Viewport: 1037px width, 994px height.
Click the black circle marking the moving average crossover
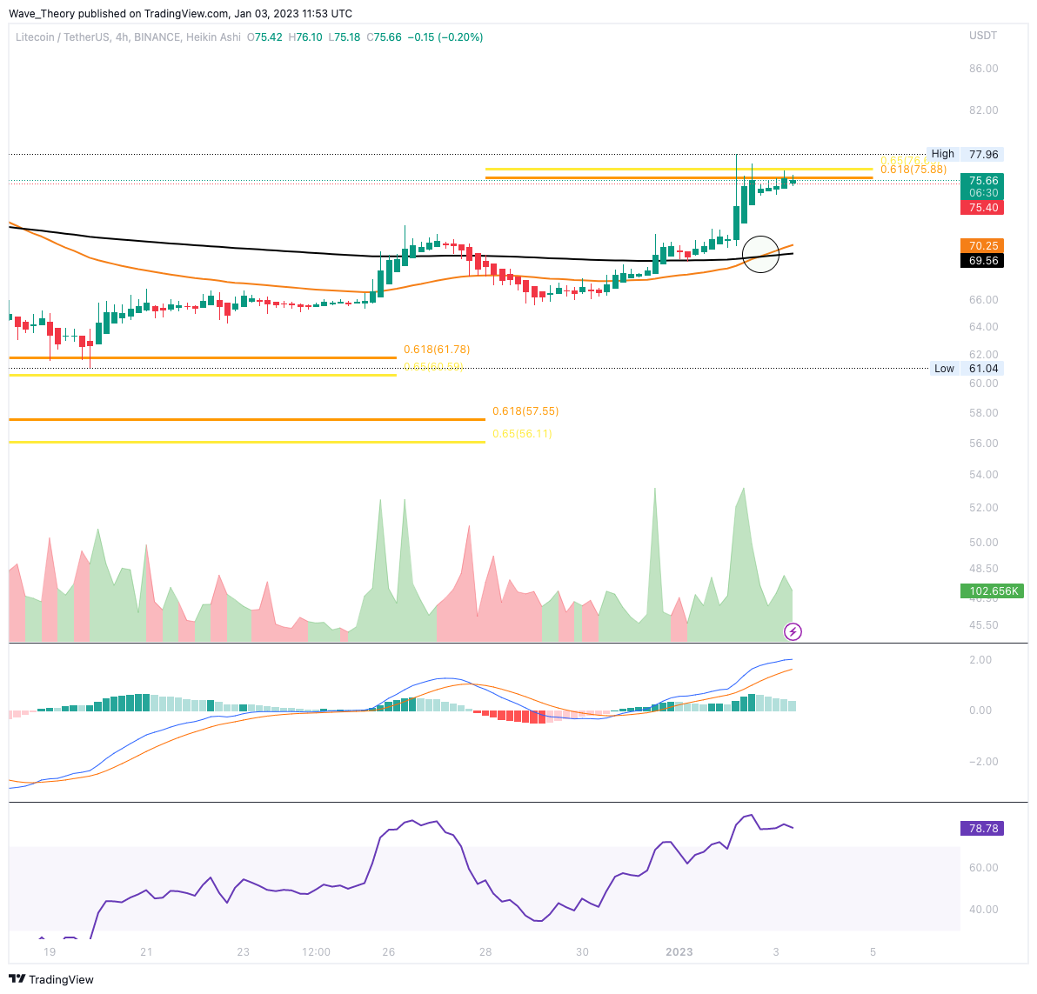click(x=761, y=254)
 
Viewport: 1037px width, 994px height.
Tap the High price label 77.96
click(x=983, y=154)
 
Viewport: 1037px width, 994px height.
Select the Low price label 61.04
click(x=983, y=369)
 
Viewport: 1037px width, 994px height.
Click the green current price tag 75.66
click(x=982, y=181)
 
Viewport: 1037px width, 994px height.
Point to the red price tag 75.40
click(x=982, y=208)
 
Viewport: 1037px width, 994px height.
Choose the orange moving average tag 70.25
click(x=982, y=246)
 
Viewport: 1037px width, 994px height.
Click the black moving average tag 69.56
click(x=982, y=261)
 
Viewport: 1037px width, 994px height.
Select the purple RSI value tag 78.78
click(x=982, y=829)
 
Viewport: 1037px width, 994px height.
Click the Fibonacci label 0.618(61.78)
click(x=437, y=350)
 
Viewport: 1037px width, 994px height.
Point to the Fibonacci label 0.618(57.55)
click(x=525, y=411)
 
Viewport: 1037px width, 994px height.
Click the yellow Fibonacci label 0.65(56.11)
click(x=522, y=434)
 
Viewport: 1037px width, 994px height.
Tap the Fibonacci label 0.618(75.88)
click(x=913, y=170)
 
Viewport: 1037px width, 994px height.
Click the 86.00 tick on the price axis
click(x=984, y=69)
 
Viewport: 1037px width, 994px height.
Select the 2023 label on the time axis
click(x=679, y=951)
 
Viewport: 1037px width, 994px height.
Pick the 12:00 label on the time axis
click(x=316, y=951)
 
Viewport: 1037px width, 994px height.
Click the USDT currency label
click(x=983, y=36)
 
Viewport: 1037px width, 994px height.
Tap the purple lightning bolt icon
click(x=793, y=631)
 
